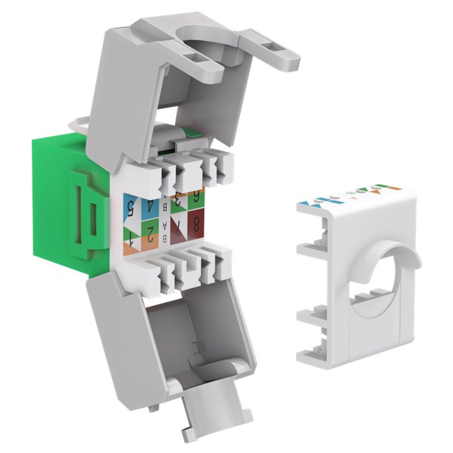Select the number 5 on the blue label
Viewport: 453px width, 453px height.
(131, 206)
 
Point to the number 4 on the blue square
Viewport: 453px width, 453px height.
(150, 206)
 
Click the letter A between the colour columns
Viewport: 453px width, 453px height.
(165, 225)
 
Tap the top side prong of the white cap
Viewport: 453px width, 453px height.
(310, 211)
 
